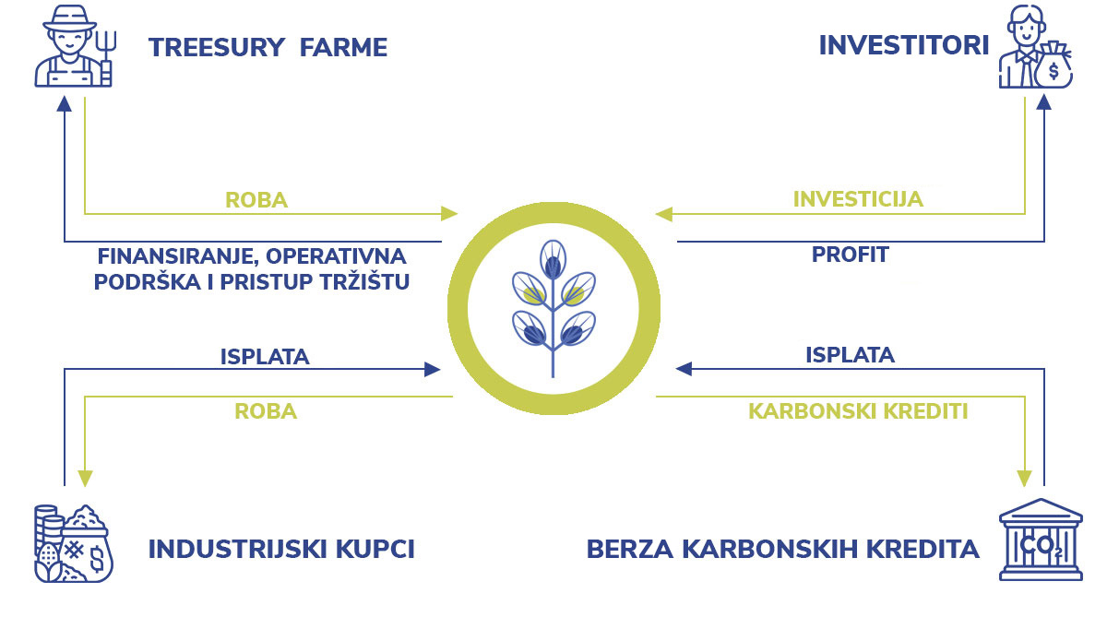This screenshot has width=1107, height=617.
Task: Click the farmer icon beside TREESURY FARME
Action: coord(75,47)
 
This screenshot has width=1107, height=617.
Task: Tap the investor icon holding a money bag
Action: coord(1035,47)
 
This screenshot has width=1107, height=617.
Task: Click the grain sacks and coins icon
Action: coord(74,543)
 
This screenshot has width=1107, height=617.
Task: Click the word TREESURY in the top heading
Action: coord(217,47)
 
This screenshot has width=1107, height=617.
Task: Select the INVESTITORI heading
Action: coord(904,45)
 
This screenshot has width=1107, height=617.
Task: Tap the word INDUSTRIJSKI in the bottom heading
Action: coord(237,550)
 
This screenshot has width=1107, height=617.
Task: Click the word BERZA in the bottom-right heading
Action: coord(629,550)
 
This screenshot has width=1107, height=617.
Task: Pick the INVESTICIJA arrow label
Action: coord(858,199)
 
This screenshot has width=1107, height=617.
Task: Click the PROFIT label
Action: coord(850,255)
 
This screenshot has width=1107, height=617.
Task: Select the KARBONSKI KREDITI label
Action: coord(858,411)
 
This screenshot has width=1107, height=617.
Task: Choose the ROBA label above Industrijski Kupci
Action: coord(266,411)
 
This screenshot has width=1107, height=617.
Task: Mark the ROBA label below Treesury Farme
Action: coord(256,200)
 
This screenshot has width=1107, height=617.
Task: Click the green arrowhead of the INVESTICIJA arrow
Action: coord(663,214)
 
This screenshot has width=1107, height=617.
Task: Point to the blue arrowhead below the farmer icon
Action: coord(65,103)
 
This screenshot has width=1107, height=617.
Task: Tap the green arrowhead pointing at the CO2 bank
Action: coord(1025,478)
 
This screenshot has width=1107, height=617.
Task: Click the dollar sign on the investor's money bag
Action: coord(1053,71)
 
